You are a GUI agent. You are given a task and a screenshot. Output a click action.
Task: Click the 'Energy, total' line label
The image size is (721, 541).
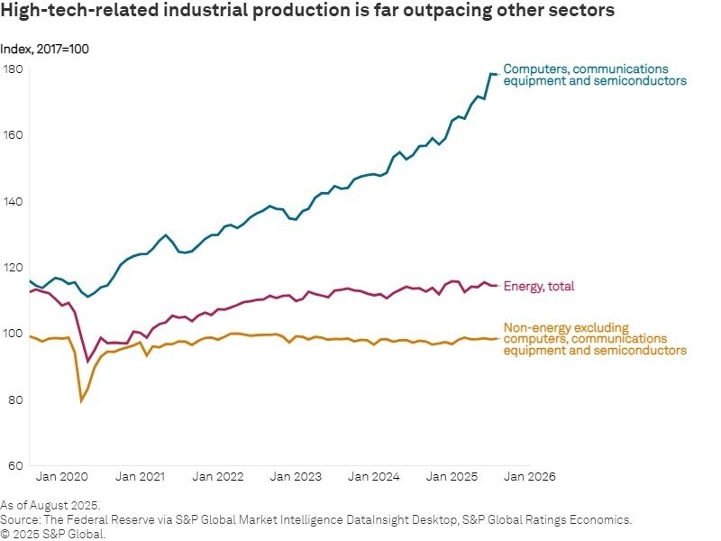point(538,286)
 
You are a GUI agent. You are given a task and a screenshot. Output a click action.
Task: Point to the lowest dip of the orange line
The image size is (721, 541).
point(81,400)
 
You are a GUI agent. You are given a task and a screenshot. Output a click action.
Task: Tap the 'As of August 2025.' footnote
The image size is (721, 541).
point(50,506)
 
